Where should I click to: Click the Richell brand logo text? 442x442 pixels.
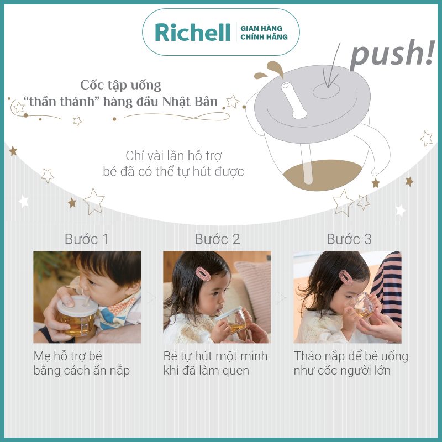(x=192, y=32)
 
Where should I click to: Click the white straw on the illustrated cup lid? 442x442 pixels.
(x=292, y=99)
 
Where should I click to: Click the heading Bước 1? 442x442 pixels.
(x=87, y=239)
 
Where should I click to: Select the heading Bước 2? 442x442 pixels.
(x=217, y=239)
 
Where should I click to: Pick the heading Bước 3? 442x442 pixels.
(x=349, y=239)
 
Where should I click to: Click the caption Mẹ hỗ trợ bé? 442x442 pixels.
(x=72, y=355)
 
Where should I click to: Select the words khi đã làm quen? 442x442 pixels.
(x=206, y=370)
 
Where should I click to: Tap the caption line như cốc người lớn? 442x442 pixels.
(x=342, y=370)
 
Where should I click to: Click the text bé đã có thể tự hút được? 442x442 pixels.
(x=173, y=171)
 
